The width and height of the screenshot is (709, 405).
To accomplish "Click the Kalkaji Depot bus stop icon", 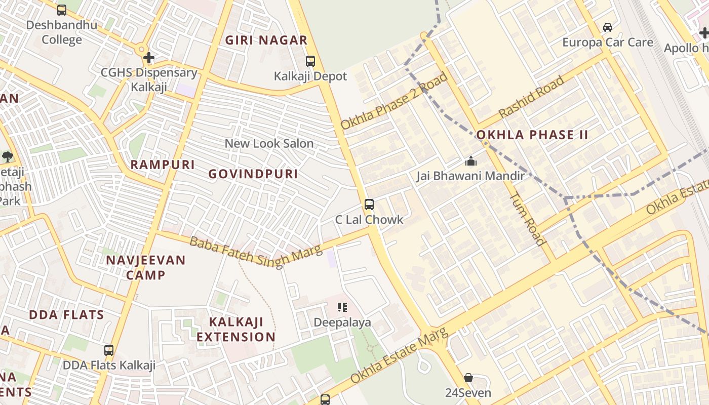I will [x=310, y=61].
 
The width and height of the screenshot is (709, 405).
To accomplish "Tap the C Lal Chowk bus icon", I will [x=369, y=205].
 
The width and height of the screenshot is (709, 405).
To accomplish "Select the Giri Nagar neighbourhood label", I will [x=266, y=40].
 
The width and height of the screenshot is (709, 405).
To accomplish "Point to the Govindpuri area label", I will [x=253, y=174].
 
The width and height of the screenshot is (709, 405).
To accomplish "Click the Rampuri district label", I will [x=163, y=165].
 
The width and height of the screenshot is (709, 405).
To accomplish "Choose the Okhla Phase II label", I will [x=532, y=135].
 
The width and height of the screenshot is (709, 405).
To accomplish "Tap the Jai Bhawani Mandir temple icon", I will [x=471, y=161].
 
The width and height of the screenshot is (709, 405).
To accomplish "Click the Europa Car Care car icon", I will [x=608, y=27].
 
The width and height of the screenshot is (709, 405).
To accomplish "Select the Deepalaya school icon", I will [x=342, y=307].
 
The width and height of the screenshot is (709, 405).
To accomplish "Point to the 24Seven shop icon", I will [x=468, y=378].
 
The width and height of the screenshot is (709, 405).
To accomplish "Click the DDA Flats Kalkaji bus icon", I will [x=109, y=350].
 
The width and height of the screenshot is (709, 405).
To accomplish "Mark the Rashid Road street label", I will [x=531, y=97].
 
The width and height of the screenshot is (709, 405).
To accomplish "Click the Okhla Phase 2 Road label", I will [x=395, y=101].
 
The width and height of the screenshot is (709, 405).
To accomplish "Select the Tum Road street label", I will [x=527, y=219].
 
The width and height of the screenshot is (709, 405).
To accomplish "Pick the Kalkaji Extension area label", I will [x=236, y=329].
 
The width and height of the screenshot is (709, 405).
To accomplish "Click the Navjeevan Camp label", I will [x=146, y=267].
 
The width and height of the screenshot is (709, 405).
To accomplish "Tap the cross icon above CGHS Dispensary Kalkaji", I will [x=149, y=57].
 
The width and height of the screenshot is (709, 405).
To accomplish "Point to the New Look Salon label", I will [x=269, y=143].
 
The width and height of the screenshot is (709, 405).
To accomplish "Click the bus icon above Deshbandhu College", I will [x=62, y=10].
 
